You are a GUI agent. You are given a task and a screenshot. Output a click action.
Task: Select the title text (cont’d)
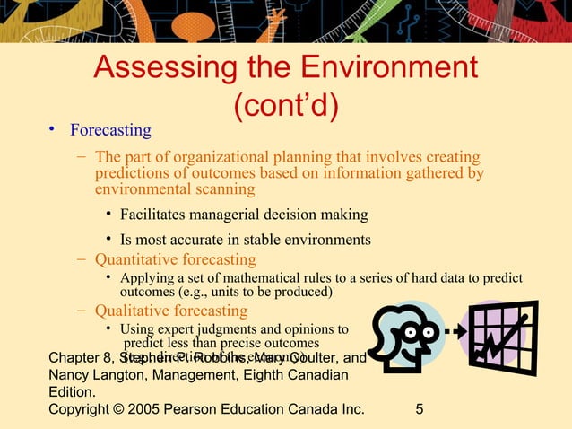285,105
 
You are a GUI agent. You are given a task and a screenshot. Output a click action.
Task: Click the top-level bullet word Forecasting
112,130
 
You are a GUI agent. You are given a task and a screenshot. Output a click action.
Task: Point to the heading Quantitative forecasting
176,259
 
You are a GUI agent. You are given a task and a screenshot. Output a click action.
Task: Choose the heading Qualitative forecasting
171,311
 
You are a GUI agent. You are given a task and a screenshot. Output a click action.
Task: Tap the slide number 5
420,410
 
